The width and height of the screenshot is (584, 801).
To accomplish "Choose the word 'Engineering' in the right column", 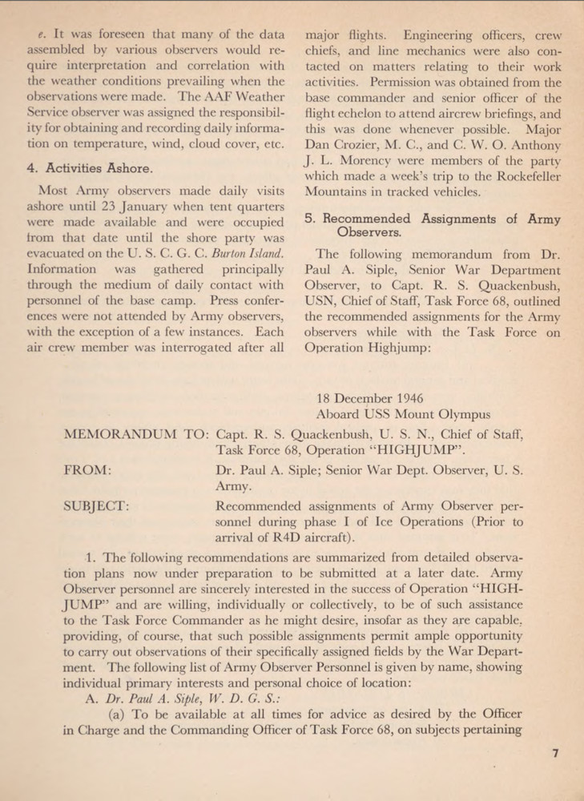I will (x=437, y=36).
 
